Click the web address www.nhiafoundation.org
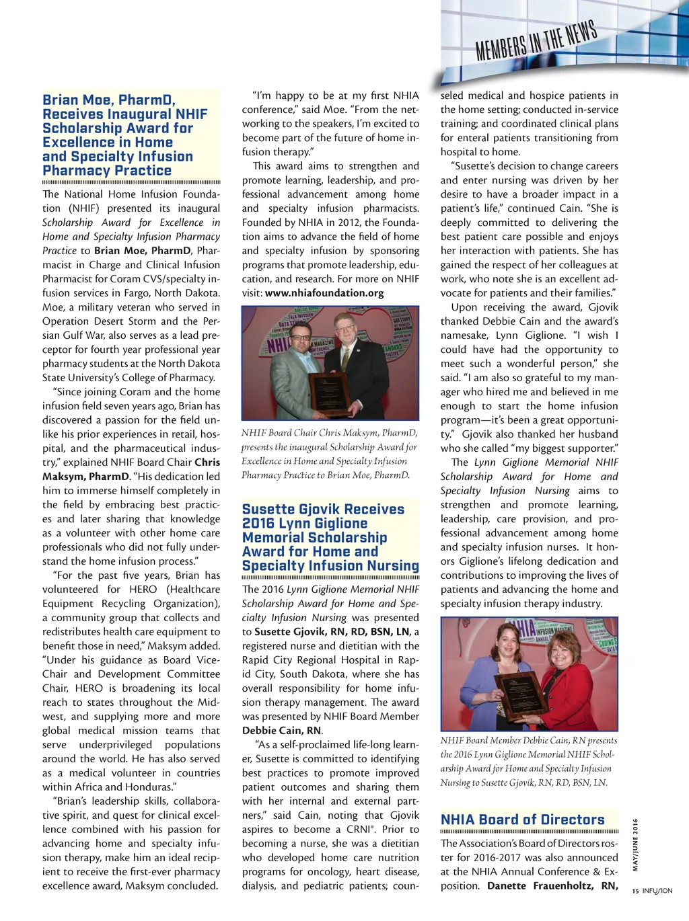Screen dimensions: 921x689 [324, 293]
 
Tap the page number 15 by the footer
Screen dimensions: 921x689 [635, 891]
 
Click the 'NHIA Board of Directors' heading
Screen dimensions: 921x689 [522, 819]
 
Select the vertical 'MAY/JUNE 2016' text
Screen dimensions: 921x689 [635, 844]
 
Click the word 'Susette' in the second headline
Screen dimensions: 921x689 [268, 510]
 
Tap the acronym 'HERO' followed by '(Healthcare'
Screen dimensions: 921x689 [143, 590]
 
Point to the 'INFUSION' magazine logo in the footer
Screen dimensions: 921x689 [657, 891]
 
